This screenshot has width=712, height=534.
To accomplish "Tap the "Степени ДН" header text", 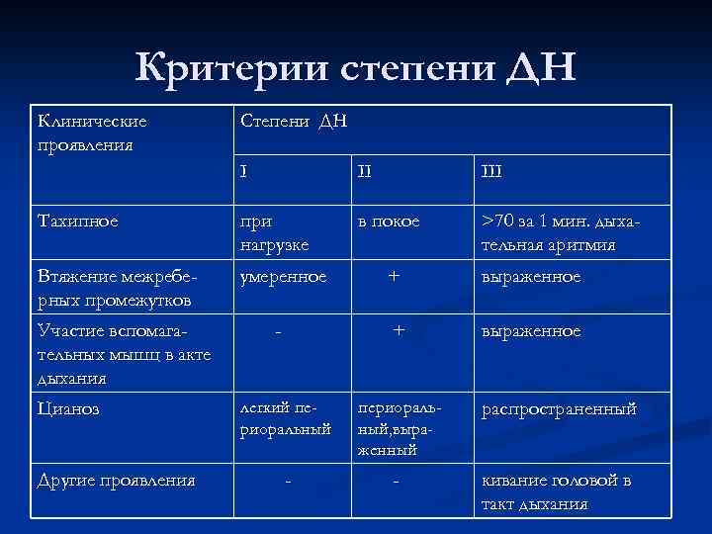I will (x=294, y=122).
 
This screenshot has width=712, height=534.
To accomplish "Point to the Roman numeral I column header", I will (x=243, y=172).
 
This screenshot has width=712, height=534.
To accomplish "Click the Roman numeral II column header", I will (x=365, y=172).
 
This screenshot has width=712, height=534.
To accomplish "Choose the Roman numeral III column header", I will (x=491, y=172).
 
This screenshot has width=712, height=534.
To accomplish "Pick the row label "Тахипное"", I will (x=78, y=222).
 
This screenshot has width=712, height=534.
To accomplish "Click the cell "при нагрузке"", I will (x=274, y=232).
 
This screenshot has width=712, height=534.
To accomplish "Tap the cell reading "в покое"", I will (x=389, y=222).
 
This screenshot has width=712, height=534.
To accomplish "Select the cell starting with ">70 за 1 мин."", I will (x=561, y=232).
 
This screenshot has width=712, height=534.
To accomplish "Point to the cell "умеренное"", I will (x=283, y=277).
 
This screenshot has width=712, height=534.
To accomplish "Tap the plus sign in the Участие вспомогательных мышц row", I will (x=399, y=332).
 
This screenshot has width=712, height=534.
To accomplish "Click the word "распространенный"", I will (x=559, y=408).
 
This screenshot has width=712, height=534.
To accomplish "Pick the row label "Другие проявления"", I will (x=116, y=481).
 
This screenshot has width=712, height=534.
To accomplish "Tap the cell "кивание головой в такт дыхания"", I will (x=555, y=491).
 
